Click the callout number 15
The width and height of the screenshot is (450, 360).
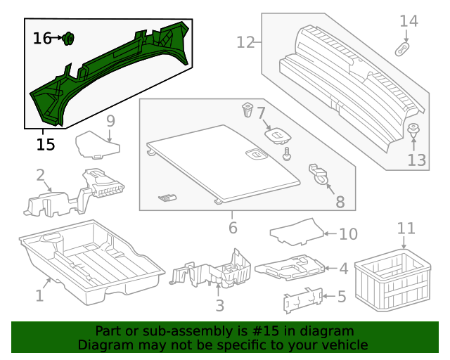point(46,145)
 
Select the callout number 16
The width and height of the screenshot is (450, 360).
point(42,38)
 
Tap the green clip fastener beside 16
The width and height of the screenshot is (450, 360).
point(69,39)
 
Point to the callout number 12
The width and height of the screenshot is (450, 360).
point(245,43)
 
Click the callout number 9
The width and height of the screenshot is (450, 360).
point(110,121)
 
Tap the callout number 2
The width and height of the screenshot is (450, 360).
point(41,175)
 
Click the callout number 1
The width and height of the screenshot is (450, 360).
point(39,296)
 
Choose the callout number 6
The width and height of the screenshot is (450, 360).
point(233,228)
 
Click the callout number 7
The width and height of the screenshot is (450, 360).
point(261,112)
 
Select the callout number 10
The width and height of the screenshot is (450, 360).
point(348,234)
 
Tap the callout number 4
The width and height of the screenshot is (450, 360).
point(342,269)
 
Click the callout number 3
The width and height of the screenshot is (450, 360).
point(219,306)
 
